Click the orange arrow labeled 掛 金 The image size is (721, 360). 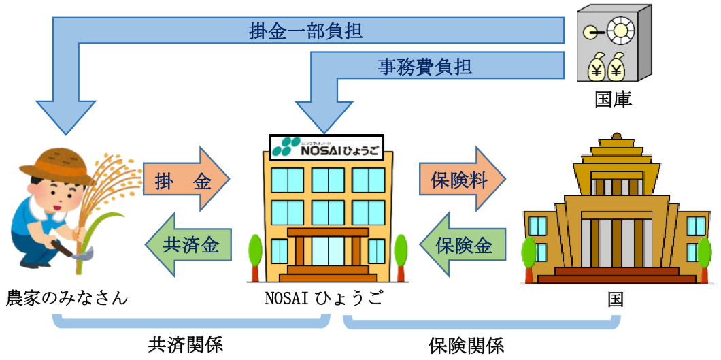(184, 181)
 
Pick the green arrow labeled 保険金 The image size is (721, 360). (467, 244)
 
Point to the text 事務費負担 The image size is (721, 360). (425, 67)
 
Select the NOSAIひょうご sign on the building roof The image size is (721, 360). (326, 147)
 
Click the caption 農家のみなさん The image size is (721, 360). (67, 298)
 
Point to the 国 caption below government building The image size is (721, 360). (615, 299)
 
